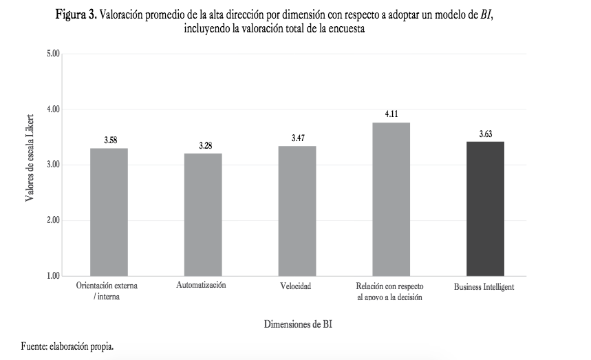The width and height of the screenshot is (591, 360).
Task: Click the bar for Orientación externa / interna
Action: (x=109, y=212)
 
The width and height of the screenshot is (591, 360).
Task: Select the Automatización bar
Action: (x=203, y=215)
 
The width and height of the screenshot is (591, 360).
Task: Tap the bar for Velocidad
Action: (x=297, y=211)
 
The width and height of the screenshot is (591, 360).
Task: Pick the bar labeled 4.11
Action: (x=391, y=199)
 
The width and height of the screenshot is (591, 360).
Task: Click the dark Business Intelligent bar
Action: (x=485, y=209)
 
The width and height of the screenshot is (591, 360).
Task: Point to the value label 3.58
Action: (x=110, y=140)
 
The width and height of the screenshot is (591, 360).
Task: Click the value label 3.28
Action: (x=204, y=146)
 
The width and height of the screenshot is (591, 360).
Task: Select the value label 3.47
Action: (x=298, y=138)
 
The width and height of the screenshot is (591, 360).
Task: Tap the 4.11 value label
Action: (x=391, y=114)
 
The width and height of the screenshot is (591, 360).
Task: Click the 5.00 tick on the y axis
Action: (x=53, y=54)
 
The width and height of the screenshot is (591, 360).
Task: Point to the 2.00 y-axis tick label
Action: (x=53, y=221)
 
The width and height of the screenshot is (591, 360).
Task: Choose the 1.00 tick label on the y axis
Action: (x=53, y=277)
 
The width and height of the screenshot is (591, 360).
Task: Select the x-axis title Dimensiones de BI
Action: (x=298, y=324)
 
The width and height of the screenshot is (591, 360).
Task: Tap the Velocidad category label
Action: (x=297, y=286)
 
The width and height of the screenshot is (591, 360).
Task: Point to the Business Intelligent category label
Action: (x=484, y=286)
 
